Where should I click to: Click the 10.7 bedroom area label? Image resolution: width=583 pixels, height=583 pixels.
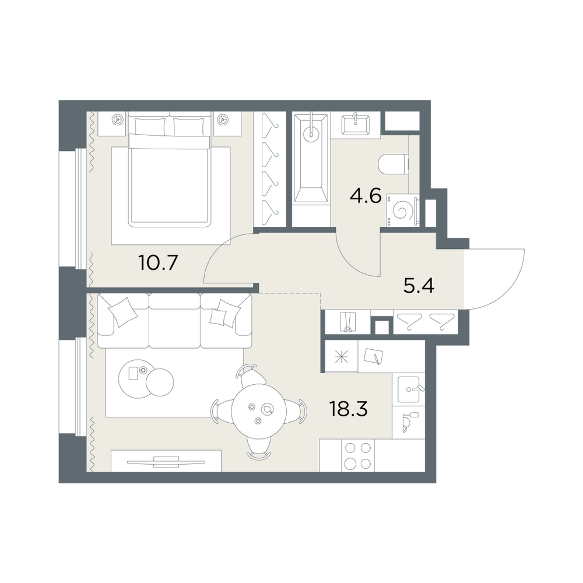[x=157, y=264]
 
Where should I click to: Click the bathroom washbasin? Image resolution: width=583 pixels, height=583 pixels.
[x=355, y=124]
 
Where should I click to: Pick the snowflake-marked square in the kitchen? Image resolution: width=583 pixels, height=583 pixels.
[x=340, y=356]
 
